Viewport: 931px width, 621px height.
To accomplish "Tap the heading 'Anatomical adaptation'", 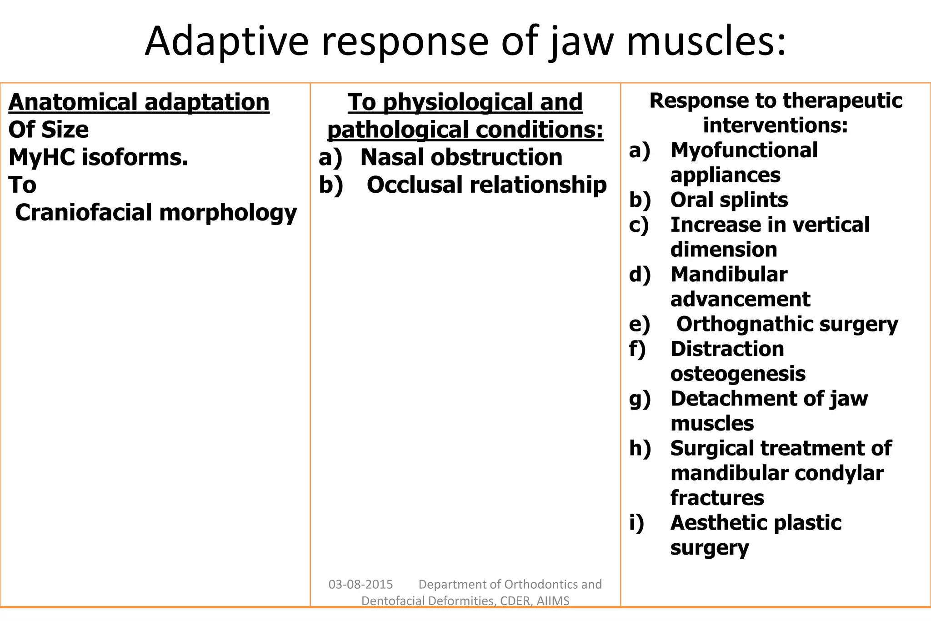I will (x=139, y=102).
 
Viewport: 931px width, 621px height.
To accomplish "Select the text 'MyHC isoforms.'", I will (x=98, y=157).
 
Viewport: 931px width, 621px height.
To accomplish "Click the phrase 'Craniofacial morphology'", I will (x=156, y=212).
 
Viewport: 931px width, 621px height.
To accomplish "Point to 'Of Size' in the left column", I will (x=49, y=130).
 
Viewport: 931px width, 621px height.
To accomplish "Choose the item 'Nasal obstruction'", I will (x=461, y=157).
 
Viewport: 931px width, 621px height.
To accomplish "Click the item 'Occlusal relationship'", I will (x=486, y=185).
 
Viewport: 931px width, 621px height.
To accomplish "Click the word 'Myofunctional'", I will (x=744, y=150).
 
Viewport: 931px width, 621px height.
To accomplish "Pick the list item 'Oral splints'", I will (x=729, y=200).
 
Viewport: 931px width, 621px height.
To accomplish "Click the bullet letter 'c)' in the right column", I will (x=639, y=225).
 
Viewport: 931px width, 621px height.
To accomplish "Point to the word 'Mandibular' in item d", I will (x=729, y=274).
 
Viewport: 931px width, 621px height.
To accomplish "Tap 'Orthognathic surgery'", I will (x=787, y=324).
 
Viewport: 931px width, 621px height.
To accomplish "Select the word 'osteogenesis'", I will (x=738, y=374).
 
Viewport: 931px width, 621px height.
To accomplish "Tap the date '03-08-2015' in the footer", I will (x=360, y=584).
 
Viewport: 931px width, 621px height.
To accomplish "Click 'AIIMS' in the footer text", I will (x=553, y=601).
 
